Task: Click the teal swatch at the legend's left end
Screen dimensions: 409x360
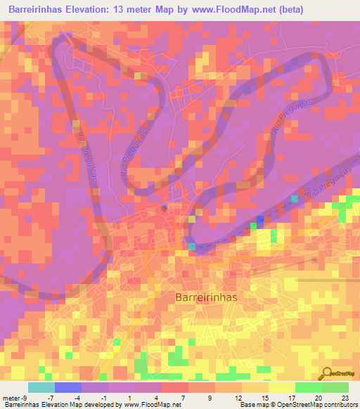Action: [x=41, y=387]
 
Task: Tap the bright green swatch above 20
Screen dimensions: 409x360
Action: [x=309, y=387]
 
